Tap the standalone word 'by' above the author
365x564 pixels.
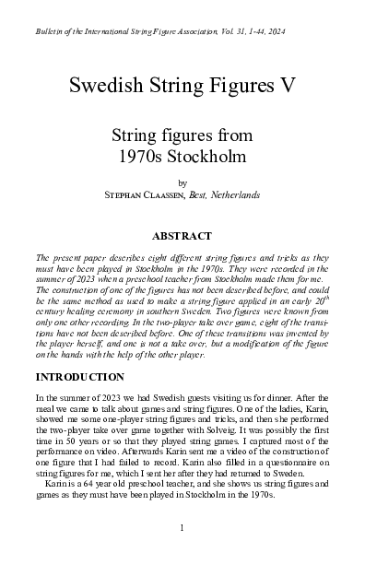pyautogui.click(x=182, y=182)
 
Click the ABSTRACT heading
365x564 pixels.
pyautogui.click(x=182, y=236)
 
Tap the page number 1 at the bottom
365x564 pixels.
pyautogui.click(x=182, y=527)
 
